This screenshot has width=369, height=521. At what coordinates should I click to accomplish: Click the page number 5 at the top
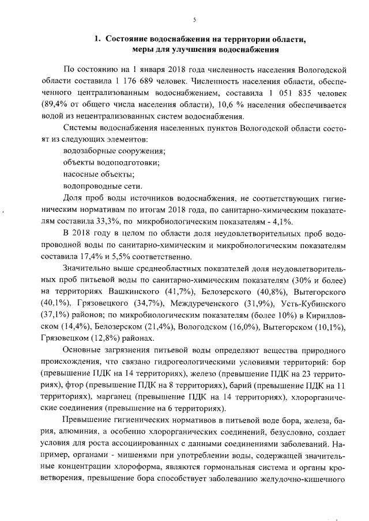coord(194,20)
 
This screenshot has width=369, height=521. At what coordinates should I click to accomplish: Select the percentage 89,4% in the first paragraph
coord(54,104)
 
